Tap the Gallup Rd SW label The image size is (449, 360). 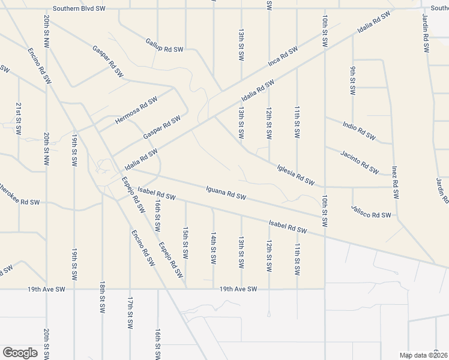pyautogui.click(x=164, y=45)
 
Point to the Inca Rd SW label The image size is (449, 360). pyautogui.click(x=283, y=57)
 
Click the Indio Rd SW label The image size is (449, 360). pyautogui.click(x=359, y=131)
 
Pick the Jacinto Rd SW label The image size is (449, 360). pyautogui.click(x=359, y=161)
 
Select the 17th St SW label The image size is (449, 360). pyautogui.click(x=130, y=313)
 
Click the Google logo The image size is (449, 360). pyautogui.click(x=20, y=353)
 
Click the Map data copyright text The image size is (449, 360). pyautogui.click(x=424, y=355)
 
